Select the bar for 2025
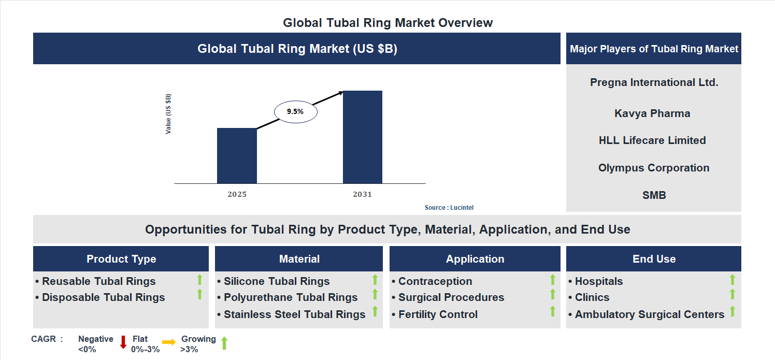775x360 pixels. (x=237, y=155)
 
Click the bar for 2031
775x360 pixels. (x=363, y=137)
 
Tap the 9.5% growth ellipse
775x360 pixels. (x=295, y=111)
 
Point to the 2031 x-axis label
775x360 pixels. (x=362, y=195)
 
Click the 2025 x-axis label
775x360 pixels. (x=237, y=195)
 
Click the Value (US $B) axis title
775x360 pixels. (x=168, y=114)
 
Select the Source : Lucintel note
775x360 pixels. (x=449, y=208)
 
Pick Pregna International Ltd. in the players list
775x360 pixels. (x=654, y=82)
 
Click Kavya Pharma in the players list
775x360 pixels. (x=652, y=113)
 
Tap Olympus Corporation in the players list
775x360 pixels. (x=653, y=168)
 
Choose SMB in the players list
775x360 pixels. (x=653, y=195)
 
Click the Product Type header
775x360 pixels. (x=121, y=259)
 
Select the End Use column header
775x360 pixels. (x=654, y=259)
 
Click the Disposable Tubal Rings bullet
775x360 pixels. (x=103, y=297)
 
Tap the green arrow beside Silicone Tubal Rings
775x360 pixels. (x=375, y=280)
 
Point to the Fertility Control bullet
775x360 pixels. (x=438, y=314)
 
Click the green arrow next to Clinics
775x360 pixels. (x=732, y=294)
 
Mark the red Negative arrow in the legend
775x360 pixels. (x=123, y=342)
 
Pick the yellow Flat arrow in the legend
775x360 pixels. (x=169, y=342)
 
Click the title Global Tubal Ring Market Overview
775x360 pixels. (x=387, y=23)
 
